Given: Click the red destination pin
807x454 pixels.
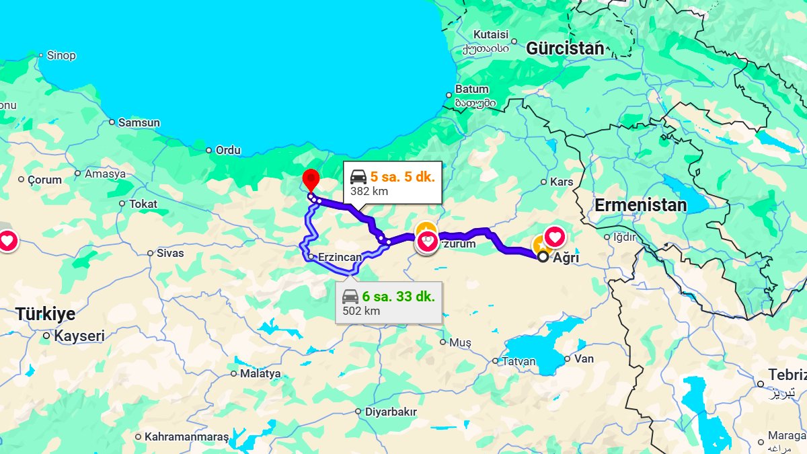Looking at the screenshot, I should pyautogui.click(x=311, y=180).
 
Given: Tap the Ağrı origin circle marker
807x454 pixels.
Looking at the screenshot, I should pyautogui.click(x=543, y=256).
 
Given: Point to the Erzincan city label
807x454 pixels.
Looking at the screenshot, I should pyautogui.click(x=340, y=257).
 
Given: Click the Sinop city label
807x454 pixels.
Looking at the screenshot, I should pyautogui.click(x=61, y=55).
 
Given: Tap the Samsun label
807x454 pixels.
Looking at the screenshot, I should pyautogui.click(x=139, y=122).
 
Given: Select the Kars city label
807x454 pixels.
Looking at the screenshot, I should pyautogui.click(x=562, y=182).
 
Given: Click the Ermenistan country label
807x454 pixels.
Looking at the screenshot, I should pyautogui.click(x=640, y=205).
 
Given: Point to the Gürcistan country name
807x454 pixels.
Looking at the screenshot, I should pyautogui.click(x=565, y=48).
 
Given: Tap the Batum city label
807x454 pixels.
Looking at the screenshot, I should pyautogui.click(x=472, y=89).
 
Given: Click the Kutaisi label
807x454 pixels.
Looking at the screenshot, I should pyautogui.click(x=490, y=34).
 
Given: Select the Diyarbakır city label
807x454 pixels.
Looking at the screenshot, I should pyautogui.click(x=391, y=412).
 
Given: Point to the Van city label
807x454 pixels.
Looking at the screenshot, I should pyautogui.click(x=584, y=358).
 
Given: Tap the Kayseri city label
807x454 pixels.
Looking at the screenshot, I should pyautogui.click(x=79, y=336).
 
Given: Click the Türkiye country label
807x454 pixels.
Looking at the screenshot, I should pyautogui.click(x=46, y=313).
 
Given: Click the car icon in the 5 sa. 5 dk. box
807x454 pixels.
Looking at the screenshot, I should pyautogui.click(x=358, y=177).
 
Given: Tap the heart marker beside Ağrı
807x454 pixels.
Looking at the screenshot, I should pyautogui.click(x=555, y=237).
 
